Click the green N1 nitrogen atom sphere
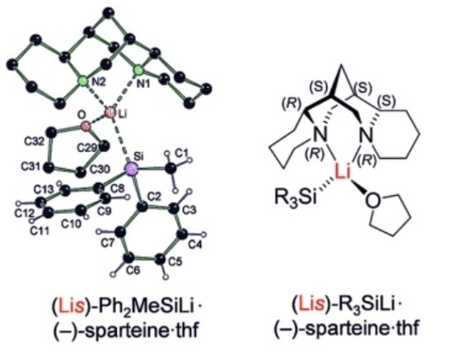click(x=138, y=70)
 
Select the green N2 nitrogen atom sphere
click(x=83, y=81)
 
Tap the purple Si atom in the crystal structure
click(x=131, y=169)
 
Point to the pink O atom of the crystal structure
click(x=85, y=126)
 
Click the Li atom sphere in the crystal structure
click(x=109, y=113)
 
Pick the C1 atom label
click(x=181, y=153)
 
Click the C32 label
click(x=34, y=141)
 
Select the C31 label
click(x=30, y=167)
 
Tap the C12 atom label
click(x=24, y=213)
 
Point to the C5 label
click(x=175, y=261)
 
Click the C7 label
click(x=108, y=243)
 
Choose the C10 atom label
click(x=71, y=223)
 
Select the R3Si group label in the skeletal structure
click(x=296, y=197)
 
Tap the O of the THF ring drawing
click(x=372, y=201)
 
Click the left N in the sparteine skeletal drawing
click(x=320, y=136)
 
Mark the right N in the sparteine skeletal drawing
click(x=366, y=136)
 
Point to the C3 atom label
click(x=190, y=211)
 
